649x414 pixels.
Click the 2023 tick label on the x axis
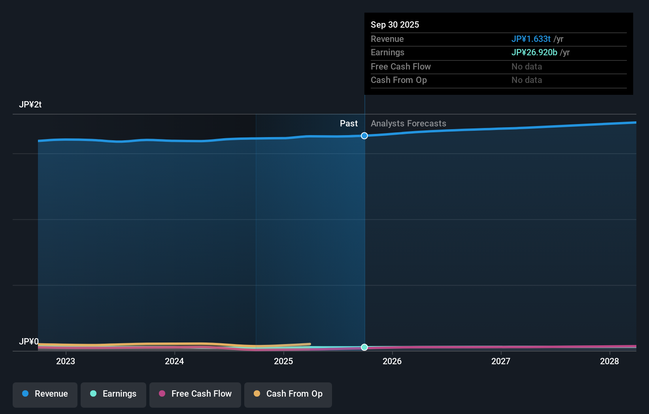pyautogui.click(x=66, y=361)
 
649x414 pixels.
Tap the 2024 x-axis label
pyautogui.click(x=174, y=361)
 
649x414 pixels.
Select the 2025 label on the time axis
pyautogui.click(x=283, y=361)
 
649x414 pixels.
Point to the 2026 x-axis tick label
pyautogui.click(x=392, y=361)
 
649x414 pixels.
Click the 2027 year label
pyautogui.click(x=501, y=361)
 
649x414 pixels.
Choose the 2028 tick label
pyautogui.click(x=609, y=361)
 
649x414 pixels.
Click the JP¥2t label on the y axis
pyautogui.click(x=30, y=105)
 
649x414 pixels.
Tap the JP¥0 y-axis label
pyautogui.click(x=29, y=341)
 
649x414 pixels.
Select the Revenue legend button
pyautogui.click(x=45, y=394)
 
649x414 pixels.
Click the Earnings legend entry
pyautogui.click(x=113, y=394)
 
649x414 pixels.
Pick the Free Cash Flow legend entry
pyautogui.click(x=195, y=394)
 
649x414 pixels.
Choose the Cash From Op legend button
pyautogui.click(x=288, y=394)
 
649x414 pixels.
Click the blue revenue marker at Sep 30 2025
pyautogui.click(x=364, y=136)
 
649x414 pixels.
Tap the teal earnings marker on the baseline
pyautogui.click(x=364, y=347)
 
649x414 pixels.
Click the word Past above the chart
pyautogui.click(x=349, y=124)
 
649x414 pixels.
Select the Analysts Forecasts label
pyautogui.click(x=408, y=124)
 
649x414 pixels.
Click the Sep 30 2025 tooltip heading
pyautogui.click(x=395, y=24)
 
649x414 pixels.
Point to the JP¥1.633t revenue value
pyautogui.click(x=531, y=39)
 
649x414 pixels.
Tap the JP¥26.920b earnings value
pyautogui.click(x=534, y=53)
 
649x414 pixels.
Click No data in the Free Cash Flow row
pyautogui.click(x=526, y=67)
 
